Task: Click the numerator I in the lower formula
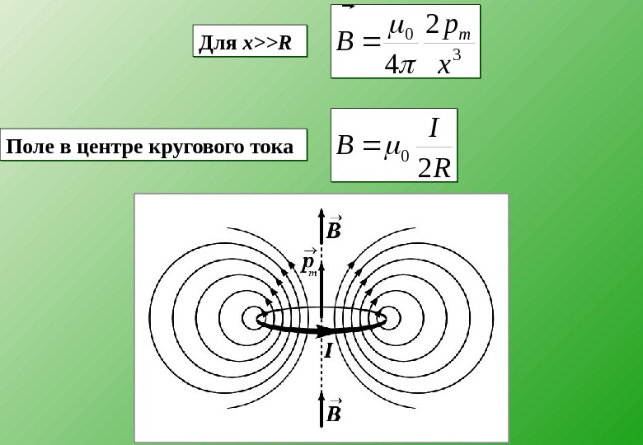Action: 434,127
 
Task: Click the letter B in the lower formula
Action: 346,148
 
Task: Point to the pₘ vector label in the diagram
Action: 310,261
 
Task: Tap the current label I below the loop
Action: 327,352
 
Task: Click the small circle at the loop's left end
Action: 253,318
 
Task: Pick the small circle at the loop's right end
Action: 389,318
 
